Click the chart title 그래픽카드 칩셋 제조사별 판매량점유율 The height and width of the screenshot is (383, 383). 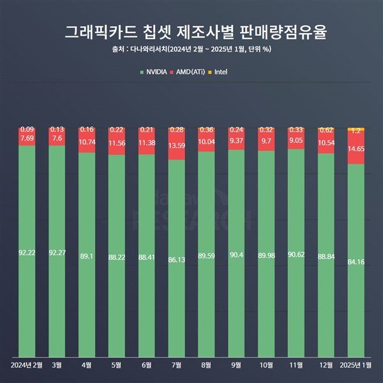coord(191,31)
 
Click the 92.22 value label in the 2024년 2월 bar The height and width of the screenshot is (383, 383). coord(27,253)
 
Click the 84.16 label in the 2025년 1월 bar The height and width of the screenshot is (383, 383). coord(356,262)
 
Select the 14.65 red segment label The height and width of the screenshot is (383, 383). coord(356,149)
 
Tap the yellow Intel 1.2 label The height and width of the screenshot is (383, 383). coord(356,131)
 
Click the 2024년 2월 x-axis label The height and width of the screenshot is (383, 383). coord(27,366)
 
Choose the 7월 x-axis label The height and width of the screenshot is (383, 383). coord(177,366)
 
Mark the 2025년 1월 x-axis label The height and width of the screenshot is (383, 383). coord(356,366)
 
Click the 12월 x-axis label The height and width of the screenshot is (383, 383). coord(326,366)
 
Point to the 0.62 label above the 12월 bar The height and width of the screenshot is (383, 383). coord(326,130)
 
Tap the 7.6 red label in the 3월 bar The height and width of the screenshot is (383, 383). coord(57,139)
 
